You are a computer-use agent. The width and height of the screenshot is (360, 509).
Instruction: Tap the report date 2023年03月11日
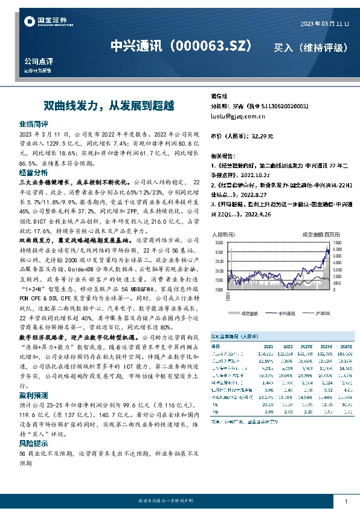pyautogui.click(x=324, y=24)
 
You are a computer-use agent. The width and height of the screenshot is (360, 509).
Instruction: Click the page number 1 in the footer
pyautogui.click(x=346, y=501)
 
